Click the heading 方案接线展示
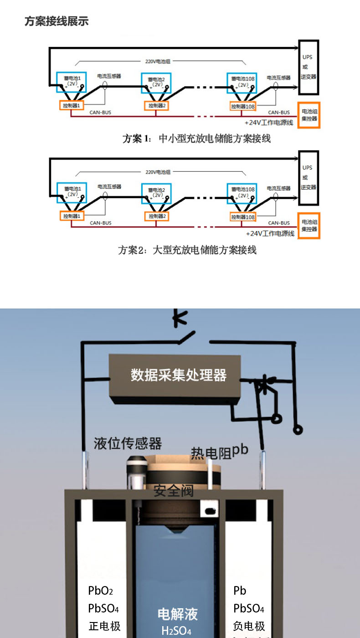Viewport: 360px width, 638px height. point(57,21)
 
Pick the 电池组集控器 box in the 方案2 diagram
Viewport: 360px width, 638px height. point(309,225)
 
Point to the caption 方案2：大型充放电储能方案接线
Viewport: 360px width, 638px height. point(187,250)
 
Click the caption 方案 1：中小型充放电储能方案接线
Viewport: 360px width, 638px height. point(196,139)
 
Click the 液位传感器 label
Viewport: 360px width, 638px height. point(128,442)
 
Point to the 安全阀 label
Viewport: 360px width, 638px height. point(174,491)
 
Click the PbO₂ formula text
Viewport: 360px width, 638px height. point(100,591)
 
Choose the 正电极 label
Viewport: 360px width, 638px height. point(104,626)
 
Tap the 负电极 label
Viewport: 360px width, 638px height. point(249,626)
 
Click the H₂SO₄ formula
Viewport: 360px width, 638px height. point(176,631)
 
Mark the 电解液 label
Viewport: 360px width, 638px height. point(178,614)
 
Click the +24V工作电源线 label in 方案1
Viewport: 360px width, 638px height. point(269,123)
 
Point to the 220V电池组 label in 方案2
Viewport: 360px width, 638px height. point(158,173)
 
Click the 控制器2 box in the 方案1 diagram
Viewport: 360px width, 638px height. point(157,106)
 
